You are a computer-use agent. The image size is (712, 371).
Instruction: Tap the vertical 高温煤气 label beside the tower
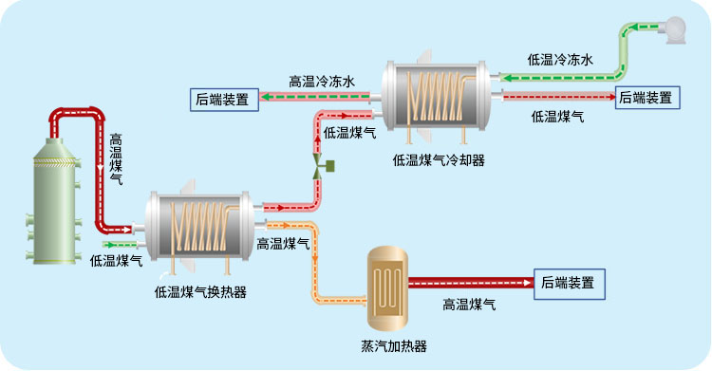click(x=116, y=158)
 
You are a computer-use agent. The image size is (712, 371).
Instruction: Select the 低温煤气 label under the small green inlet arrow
click(x=117, y=260)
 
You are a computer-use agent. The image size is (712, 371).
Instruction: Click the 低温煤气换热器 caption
click(x=200, y=292)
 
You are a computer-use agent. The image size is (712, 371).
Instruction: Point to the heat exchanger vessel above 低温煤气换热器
click(x=200, y=224)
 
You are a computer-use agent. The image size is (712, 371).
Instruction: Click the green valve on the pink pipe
click(x=319, y=168)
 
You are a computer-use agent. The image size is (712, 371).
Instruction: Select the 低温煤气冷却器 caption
click(x=439, y=160)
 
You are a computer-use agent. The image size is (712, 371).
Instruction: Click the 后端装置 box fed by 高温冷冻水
click(x=224, y=98)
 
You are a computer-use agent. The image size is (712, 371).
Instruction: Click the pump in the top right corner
click(x=674, y=31)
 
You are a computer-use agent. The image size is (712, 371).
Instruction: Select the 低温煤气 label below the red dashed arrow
click(x=557, y=117)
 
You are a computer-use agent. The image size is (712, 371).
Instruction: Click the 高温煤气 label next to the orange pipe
click(x=283, y=244)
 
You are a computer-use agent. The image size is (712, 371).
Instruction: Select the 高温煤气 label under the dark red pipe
click(x=470, y=305)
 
